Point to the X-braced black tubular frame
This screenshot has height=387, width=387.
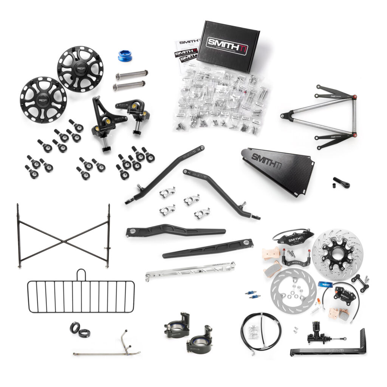(63, 235)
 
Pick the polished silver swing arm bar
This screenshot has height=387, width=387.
(190, 271)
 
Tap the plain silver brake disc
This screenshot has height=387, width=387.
(293, 290)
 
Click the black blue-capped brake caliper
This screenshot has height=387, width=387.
(344, 295)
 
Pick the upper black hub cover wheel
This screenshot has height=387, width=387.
(80, 69)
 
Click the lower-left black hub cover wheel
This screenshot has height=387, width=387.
(43, 100)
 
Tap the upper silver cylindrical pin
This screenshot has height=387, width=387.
(132, 74)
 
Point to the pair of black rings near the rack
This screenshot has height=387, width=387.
(79, 329)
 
